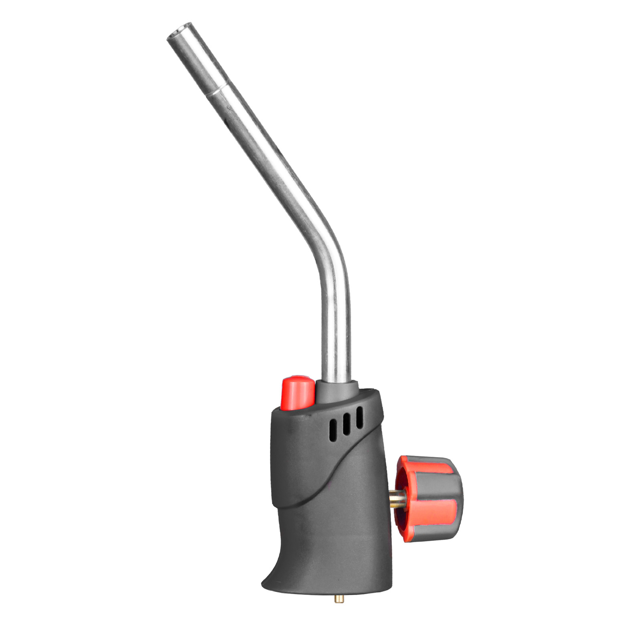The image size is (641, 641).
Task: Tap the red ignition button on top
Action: (x=298, y=391)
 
